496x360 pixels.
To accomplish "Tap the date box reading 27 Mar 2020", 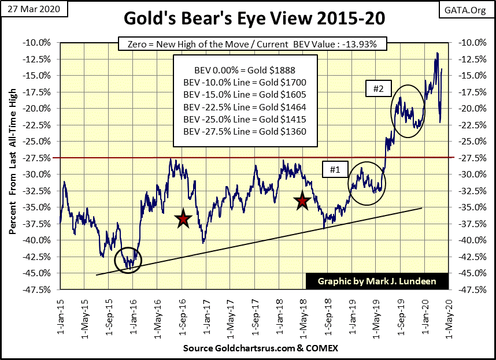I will pyautogui.click(x=34, y=10).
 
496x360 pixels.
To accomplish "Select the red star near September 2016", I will pyautogui.click(x=183, y=219).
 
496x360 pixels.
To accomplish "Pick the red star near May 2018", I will pyautogui.click(x=302, y=201).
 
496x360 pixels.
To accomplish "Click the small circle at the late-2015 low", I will pyautogui.click(x=128, y=261).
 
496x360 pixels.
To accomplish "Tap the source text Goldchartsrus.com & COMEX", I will pyautogui.click(x=260, y=348).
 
